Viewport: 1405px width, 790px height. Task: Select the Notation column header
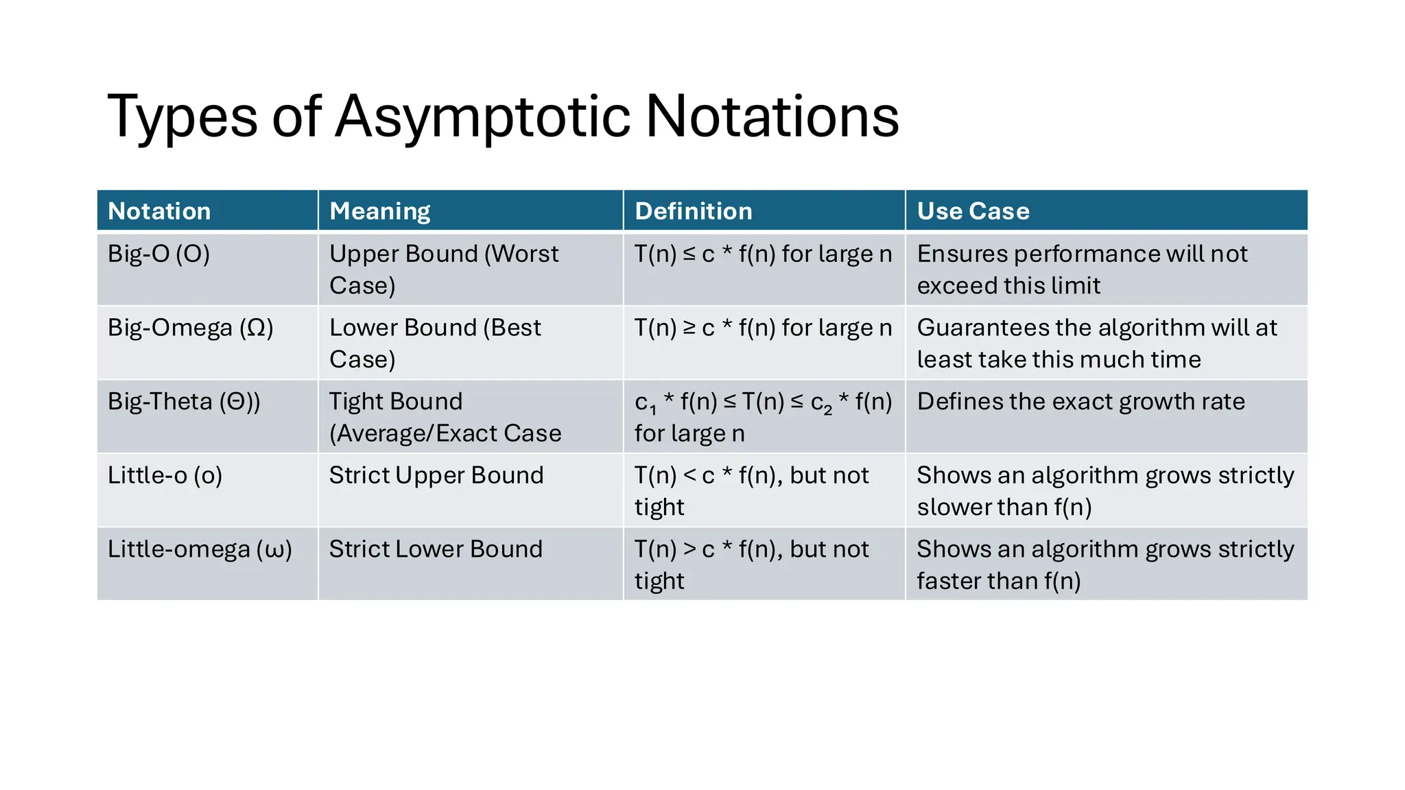pos(159,211)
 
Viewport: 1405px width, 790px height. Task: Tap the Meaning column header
pos(380,211)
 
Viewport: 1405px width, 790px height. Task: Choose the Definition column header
pos(694,211)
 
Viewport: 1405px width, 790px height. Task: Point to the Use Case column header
pos(973,211)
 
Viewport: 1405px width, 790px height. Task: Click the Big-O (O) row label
pos(158,254)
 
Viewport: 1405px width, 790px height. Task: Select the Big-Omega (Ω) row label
pos(190,328)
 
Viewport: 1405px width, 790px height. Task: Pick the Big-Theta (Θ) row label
pos(184,402)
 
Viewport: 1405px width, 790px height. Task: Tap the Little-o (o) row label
pos(165,475)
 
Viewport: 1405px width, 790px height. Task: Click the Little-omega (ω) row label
pos(200,549)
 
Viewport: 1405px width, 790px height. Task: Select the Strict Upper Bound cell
pos(436,475)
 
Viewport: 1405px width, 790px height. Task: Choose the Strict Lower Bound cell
pos(436,549)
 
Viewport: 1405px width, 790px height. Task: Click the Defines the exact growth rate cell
pos(1081,402)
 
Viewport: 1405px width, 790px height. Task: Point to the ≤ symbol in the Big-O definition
pos(689,254)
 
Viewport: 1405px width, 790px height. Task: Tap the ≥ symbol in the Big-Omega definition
pos(689,328)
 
